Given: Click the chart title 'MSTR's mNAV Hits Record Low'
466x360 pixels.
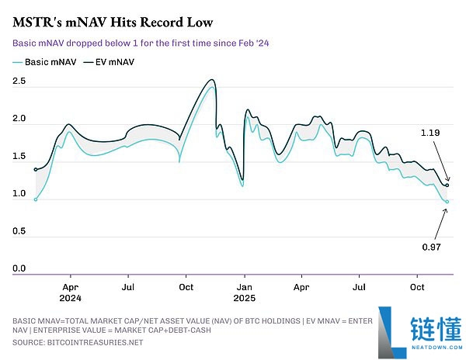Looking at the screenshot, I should pyautogui.click(x=113, y=21).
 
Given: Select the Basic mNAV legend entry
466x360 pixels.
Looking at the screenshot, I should pyautogui.click(x=46, y=61).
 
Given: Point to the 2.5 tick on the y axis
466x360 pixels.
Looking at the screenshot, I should pyautogui.click(x=19, y=81).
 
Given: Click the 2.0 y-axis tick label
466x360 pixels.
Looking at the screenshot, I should pyautogui.click(x=19, y=119).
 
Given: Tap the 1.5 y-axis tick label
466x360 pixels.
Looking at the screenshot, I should pyautogui.click(x=19, y=156).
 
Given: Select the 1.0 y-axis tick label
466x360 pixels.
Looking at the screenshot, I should pyautogui.click(x=19, y=194).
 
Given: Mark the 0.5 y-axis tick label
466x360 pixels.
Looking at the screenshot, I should pyautogui.click(x=19, y=231).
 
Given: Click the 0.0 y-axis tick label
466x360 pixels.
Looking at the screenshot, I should pyautogui.click(x=19, y=268).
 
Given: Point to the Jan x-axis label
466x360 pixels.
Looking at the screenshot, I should pyautogui.click(x=244, y=286).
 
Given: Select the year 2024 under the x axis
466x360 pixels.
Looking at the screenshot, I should pyautogui.click(x=71, y=297).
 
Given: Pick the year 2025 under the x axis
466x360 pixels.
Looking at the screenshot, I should pyautogui.click(x=245, y=297).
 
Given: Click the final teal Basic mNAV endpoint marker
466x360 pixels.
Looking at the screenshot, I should pyautogui.click(x=447, y=202).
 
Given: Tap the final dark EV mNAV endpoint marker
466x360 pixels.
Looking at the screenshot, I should pyautogui.click(x=447, y=185).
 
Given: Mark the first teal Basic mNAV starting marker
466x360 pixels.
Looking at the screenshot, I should pyautogui.click(x=36, y=199).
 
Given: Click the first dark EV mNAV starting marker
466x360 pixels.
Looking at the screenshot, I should pyautogui.click(x=36, y=169).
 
